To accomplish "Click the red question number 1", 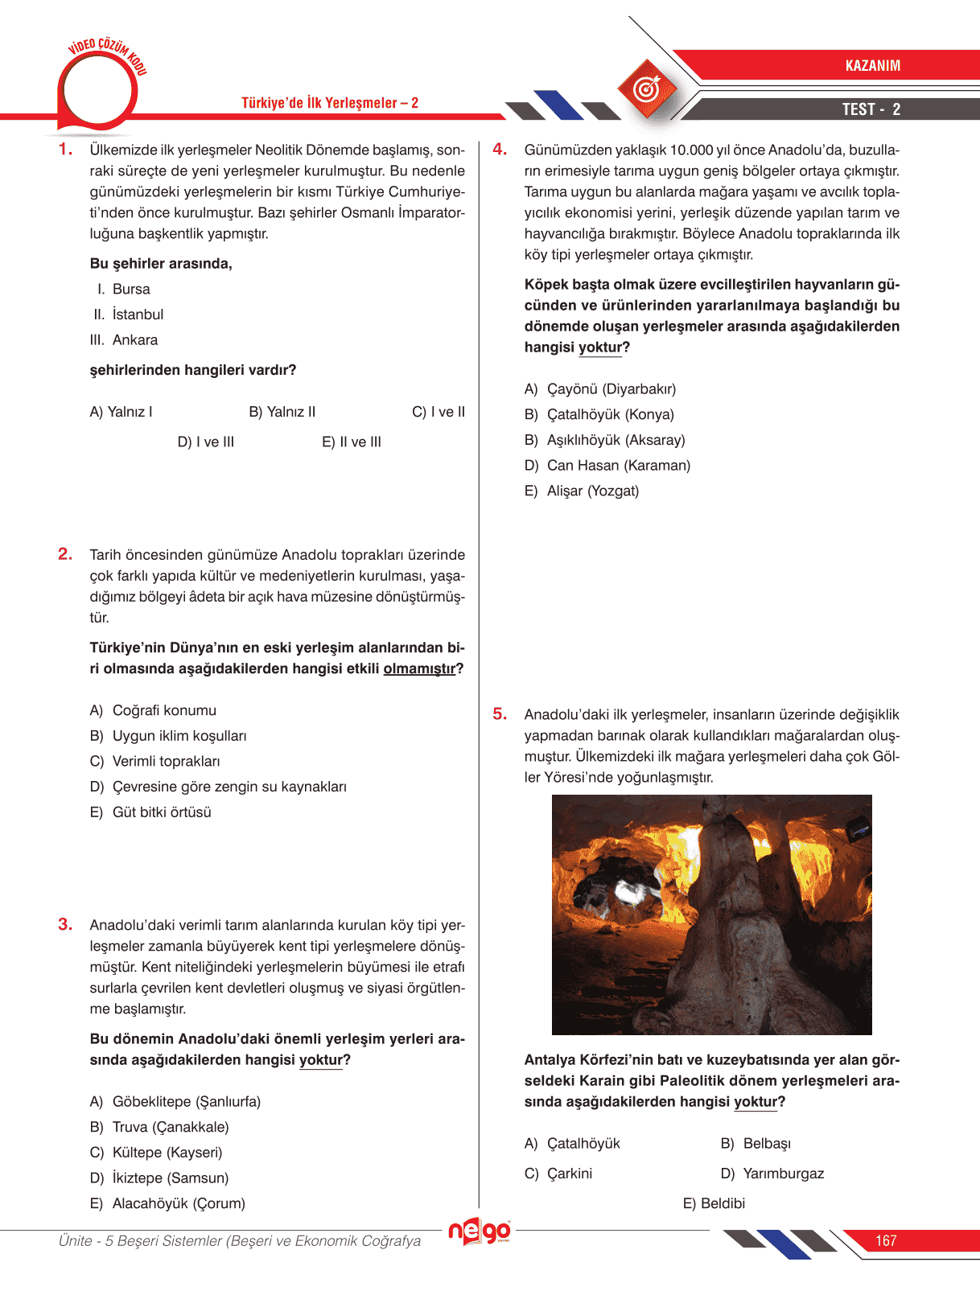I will [65, 150].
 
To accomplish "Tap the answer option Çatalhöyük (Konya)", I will [610, 414].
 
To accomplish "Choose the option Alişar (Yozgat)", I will [592, 491].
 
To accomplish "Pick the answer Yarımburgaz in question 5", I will [783, 1174].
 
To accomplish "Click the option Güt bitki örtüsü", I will [162, 812].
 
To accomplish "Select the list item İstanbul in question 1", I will [138, 314].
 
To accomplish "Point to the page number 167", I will [886, 1240].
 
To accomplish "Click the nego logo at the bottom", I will [480, 1231].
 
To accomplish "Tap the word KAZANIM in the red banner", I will [872, 66].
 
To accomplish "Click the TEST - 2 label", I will [871, 109].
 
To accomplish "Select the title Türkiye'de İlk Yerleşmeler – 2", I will [330, 103].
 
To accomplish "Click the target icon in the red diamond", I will [647, 89].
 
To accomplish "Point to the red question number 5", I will [500, 714].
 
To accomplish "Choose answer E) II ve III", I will [352, 442].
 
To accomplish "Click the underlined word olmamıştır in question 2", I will [419, 668].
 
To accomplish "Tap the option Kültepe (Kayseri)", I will [167, 1153].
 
